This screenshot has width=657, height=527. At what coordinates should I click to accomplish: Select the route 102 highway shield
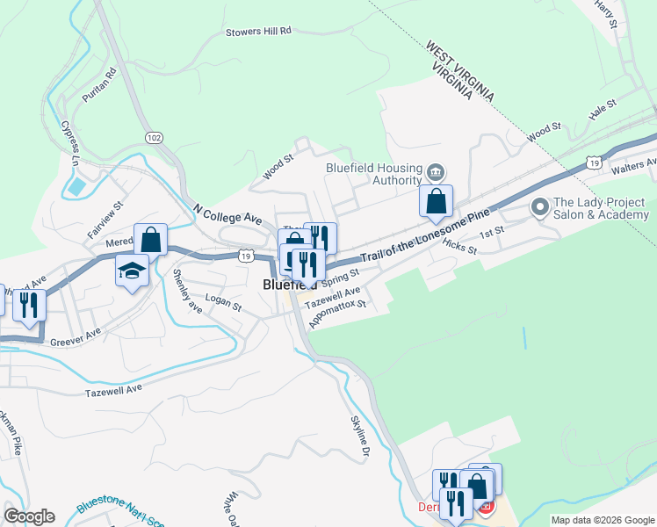[x=154, y=138]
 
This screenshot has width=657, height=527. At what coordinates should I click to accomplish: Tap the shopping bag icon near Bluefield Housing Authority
[x=437, y=203]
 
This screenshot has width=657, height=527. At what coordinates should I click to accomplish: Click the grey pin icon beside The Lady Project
[x=539, y=207]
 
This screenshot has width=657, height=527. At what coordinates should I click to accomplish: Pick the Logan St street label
[x=222, y=304]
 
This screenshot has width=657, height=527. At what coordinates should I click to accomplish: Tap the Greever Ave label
[x=76, y=337]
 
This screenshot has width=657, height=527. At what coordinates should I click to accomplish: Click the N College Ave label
[x=227, y=216]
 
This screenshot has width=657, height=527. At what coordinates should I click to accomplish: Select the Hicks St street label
[x=459, y=246]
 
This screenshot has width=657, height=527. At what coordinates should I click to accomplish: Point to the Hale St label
[x=604, y=110]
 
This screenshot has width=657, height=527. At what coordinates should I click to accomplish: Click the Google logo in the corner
[x=29, y=516]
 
